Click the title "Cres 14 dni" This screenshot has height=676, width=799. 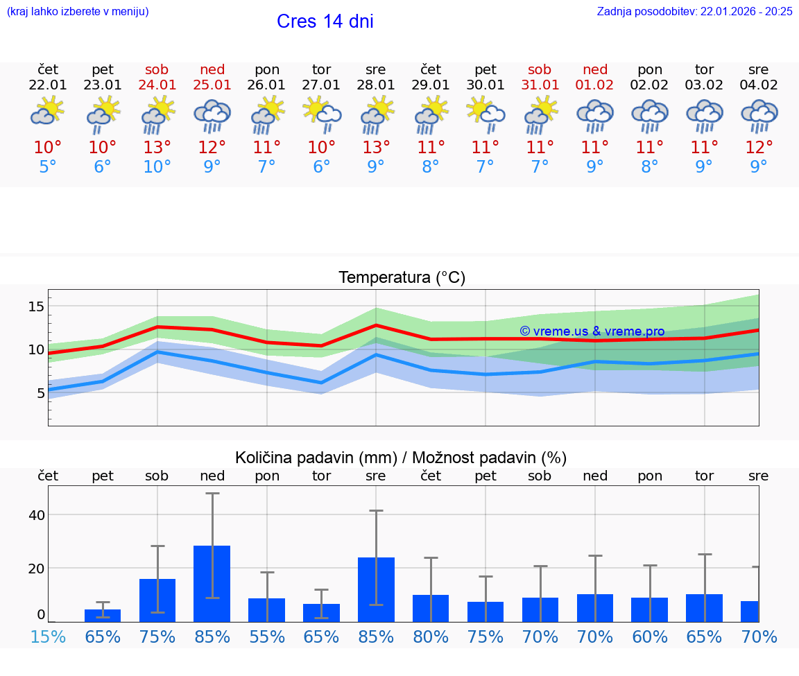pyautogui.click(x=325, y=21)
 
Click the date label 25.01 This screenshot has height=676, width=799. pyautogui.click(x=212, y=85)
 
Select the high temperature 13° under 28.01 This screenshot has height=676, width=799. pyautogui.click(x=376, y=148)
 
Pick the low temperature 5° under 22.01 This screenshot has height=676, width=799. pyautogui.click(x=48, y=167)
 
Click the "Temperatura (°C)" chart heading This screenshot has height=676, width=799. pyautogui.click(x=402, y=278)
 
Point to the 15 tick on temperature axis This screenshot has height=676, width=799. pyautogui.click(x=36, y=306)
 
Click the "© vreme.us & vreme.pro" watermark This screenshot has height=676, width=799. pyautogui.click(x=592, y=331)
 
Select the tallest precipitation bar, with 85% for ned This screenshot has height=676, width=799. pyautogui.click(x=212, y=583)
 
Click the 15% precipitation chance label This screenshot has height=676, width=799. pyautogui.click(x=48, y=637)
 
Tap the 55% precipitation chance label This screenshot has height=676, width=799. pyautogui.click(x=267, y=637)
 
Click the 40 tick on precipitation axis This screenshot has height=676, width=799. pyautogui.click(x=36, y=515)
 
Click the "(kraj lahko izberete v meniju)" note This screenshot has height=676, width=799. pyautogui.click(x=77, y=12)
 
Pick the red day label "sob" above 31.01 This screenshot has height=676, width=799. pyautogui.click(x=540, y=70)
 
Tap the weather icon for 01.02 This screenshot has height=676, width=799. pyautogui.click(x=595, y=116)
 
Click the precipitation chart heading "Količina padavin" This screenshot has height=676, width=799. pyautogui.click(x=401, y=458)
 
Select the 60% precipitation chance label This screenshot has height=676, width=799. pyautogui.click(x=650, y=637)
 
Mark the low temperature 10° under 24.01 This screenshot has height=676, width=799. pyautogui.click(x=157, y=167)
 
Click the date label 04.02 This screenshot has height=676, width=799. pyautogui.click(x=759, y=85)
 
